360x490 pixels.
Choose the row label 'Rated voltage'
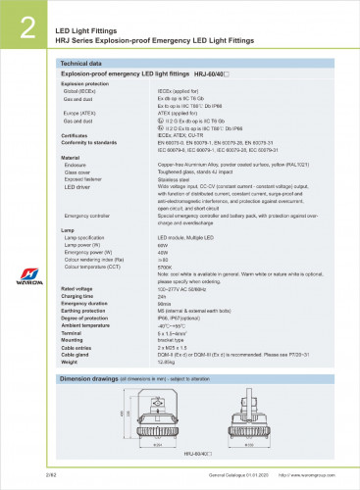(x=77, y=289)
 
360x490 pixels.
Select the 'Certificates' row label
(x=77, y=135)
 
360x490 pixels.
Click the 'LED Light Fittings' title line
(x=89, y=18)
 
